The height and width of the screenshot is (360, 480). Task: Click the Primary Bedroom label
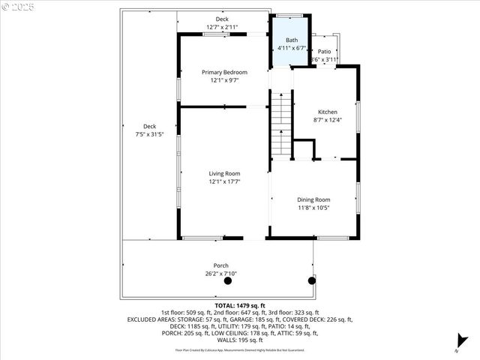[224, 72]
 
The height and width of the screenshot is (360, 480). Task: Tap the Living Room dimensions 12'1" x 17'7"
[224, 181]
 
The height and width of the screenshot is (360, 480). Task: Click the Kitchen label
[328, 112]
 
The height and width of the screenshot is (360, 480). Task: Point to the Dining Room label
[313, 199]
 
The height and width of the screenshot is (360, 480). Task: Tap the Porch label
[221, 265]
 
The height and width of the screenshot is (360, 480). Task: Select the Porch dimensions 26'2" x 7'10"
[221, 274]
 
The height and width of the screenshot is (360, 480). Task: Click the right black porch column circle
[311, 280]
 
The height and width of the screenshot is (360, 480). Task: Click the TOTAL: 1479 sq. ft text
[239, 306]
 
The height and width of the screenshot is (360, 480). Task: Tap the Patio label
[324, 52]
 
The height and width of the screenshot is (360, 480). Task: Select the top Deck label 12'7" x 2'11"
[222, 27]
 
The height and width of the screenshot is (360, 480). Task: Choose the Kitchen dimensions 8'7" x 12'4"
[328, 120]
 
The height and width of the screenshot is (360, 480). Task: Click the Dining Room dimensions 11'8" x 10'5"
[313, 208]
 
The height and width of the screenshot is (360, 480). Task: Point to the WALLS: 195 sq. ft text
[239, 340]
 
